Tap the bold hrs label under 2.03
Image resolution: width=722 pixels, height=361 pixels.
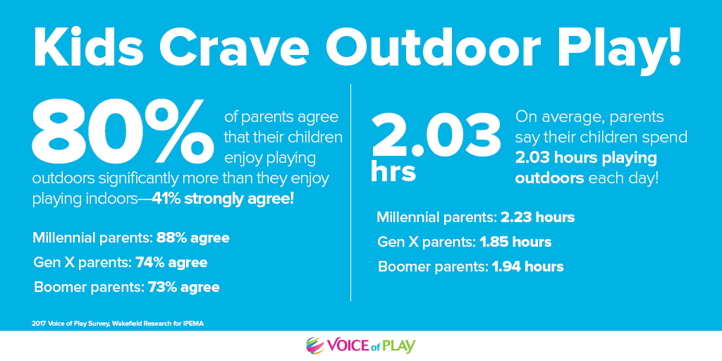(x=393, y=172)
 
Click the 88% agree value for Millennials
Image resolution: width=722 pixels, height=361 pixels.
(x=193, y=238)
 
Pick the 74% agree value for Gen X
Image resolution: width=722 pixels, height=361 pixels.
(x=171, y=263)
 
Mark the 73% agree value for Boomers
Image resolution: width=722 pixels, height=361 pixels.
(x=184, y=288)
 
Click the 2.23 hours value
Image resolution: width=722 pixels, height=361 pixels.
(x=537, y=217)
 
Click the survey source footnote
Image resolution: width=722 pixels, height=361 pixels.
(x=118, y=324)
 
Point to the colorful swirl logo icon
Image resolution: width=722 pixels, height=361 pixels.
(x=316, y=345)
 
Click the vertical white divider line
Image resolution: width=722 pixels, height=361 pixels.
(x=351, y=192)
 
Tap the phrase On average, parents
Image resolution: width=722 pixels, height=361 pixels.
(x=589, y=118)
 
